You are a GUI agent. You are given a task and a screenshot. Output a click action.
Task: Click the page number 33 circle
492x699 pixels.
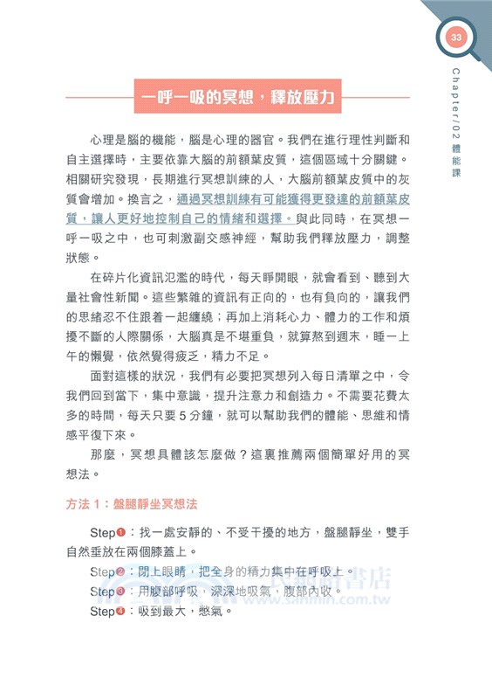coord(455,38)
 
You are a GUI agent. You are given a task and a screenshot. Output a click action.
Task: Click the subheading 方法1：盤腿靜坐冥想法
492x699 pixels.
coord(133,505)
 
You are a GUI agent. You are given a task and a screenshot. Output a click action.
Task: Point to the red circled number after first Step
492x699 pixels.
coord(121,531)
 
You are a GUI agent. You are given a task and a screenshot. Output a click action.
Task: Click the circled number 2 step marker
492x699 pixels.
coord(121,571)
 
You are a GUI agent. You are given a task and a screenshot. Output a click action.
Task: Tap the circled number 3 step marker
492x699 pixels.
coord(121,591)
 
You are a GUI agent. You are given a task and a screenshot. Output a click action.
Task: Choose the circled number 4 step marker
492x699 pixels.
coord(121,611)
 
